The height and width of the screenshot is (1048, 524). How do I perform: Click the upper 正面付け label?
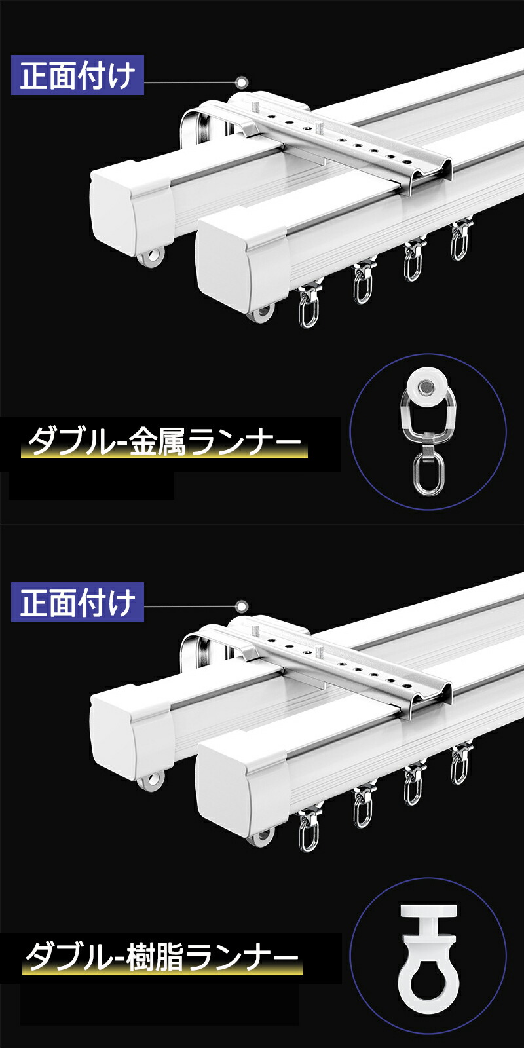coord(78,75)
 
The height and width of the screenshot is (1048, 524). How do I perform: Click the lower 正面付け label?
coord(78,602)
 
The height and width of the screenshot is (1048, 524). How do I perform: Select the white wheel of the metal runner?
coord(425,386)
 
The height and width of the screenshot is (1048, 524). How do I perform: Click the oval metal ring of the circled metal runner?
coord(426,474)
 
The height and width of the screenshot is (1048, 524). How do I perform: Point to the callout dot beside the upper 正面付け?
coord(242,83)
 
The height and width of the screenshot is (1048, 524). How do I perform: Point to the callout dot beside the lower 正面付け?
coord(242,607)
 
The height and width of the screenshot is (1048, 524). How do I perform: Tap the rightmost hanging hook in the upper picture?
coord(458,241)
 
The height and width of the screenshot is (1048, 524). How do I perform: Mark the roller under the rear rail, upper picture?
coord(153,259)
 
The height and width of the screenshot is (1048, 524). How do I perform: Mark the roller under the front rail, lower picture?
coord(261,836)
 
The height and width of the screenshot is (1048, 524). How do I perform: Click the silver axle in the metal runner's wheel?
coord(425,386)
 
